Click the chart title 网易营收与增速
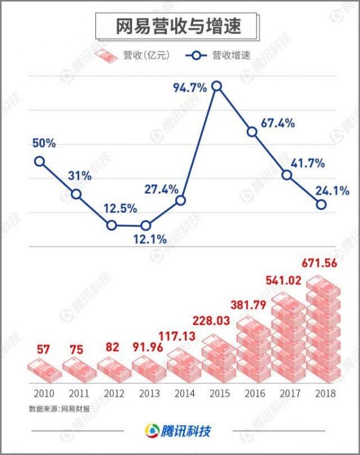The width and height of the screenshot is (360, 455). (179, 27)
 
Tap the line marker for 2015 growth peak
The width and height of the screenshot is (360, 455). (217, 86)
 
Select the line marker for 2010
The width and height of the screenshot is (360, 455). (40, 161)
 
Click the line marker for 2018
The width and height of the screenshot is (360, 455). (322, 204)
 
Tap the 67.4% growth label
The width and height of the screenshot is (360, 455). (278, 123)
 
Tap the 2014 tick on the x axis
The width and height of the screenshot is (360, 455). (185, 394)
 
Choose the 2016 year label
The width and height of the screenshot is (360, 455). (254, 394)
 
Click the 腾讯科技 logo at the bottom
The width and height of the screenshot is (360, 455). (179, 431)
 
